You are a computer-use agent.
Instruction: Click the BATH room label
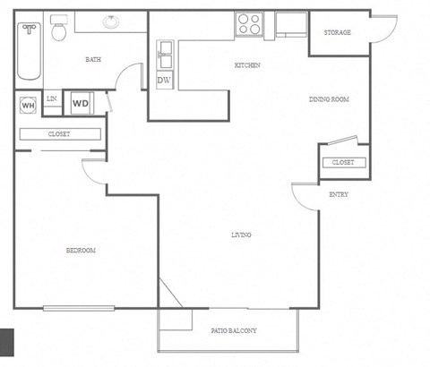[92, 60]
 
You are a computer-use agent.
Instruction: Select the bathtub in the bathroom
[30, 50]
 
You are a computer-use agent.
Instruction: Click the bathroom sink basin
[111, 21]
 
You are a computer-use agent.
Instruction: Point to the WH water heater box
[28, 105]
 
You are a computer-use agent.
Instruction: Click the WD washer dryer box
[81, 103]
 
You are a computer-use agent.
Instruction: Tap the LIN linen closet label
[52, 98]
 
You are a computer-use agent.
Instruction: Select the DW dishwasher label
[164, 81]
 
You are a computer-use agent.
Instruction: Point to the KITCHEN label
[247, 65]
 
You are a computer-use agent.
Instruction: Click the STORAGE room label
[337, 33]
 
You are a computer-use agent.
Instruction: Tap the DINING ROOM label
[328, 98]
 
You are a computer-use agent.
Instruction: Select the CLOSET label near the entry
[342, 162]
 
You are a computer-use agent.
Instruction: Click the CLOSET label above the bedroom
[59, 134]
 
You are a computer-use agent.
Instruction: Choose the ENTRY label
[339, 194]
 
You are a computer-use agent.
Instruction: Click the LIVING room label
[241, 235]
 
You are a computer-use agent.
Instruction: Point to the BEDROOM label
[81, 250]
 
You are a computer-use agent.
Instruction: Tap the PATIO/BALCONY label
[235, 331]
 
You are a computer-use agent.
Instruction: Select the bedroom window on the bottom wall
[81, 310]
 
